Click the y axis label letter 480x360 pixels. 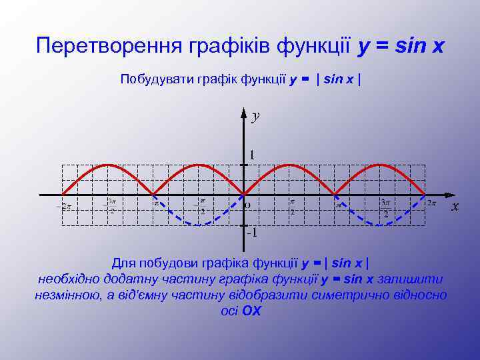coord(255,117)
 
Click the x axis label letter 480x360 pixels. coord(455,207)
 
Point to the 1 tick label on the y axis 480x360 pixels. coord(251,155)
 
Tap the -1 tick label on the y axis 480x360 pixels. coord(251,233)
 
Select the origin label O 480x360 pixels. coord(247,205)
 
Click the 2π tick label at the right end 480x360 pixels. coord(432,203)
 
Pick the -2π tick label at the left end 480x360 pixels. coord(65,206)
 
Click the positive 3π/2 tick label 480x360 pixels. coord(385,207)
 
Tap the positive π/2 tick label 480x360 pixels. coord(292,206)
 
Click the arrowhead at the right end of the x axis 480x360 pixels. coord(447,195)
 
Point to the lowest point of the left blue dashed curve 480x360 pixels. coord(198,225)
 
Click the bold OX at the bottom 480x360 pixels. coord(251,310)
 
